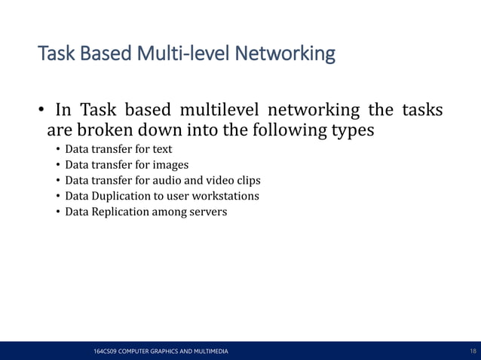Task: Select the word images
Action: click(x=171, y=165)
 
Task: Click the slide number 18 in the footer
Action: click(x=473, y=352)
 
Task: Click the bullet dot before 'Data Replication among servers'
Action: click(x=58, y=212)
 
